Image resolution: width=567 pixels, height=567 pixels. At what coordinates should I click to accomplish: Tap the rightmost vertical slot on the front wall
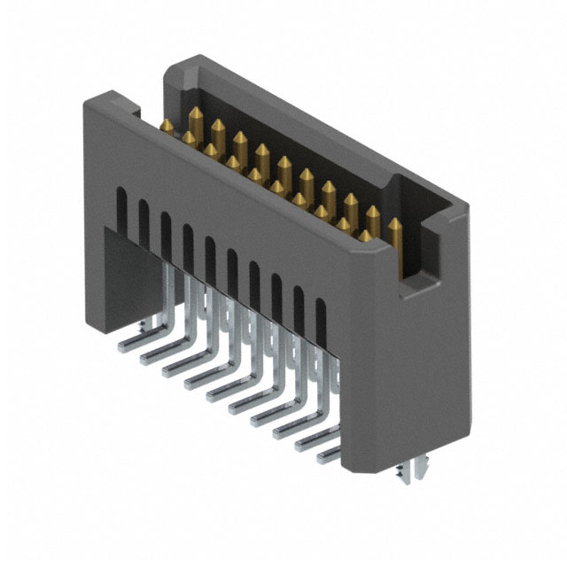321,318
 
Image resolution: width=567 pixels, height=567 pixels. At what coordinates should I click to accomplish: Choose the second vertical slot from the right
299,306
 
